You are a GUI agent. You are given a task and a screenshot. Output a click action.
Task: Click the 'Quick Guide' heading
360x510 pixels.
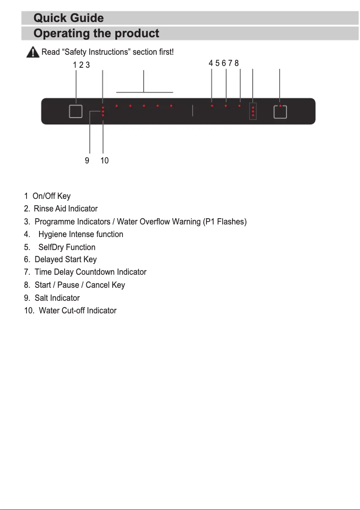pyautogui.click(x=69, y=18)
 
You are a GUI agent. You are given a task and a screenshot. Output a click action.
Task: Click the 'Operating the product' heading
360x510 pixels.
pyautogui.click(x=96, y=34)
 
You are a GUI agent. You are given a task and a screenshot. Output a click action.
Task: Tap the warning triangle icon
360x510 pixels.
pyautogui.click(x=32, y=53)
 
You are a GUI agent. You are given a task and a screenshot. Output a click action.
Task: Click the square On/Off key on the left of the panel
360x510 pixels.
pyautogui.click(x=75, y=111)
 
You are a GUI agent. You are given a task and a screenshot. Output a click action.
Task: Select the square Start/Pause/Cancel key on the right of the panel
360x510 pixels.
pyautogui.click(x=280, y=111)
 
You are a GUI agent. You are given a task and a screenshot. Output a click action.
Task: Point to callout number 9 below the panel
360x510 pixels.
pyautogui.click(x=87, y=160)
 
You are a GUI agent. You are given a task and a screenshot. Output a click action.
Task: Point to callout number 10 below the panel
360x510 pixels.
pyautogui.click(x=104, y=160)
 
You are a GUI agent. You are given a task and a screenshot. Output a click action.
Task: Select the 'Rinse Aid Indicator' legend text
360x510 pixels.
pyautogui.click(x=66, y=209)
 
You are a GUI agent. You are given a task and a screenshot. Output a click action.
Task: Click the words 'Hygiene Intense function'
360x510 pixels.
pyautogui.click(x=81, y=234)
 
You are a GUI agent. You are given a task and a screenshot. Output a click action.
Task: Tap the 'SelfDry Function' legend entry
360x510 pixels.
pyautogui.click(x=67, y=247)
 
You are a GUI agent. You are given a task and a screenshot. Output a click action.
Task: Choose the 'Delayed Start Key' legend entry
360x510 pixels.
pyautogui.click(x=66, y=259)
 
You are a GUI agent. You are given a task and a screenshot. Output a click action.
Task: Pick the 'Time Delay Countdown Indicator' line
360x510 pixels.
pyautogui.click(x=90, y=272)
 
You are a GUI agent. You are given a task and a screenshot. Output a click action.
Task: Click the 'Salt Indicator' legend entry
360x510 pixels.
pyautogui.click(x=57, y=298)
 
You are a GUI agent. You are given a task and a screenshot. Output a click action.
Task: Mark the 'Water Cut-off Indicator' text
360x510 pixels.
pyautogui.click(x=78, y=311)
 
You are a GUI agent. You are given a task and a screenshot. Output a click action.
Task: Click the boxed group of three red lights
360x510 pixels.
pyautogui.click(x=253, y=111)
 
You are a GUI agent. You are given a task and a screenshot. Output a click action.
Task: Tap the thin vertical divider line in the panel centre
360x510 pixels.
pyautogui.click(x=192, y=111)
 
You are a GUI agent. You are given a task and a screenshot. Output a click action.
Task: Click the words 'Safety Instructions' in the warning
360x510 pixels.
pyautogui.click(x=89, y=53)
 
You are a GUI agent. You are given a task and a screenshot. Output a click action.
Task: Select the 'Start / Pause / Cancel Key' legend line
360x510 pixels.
pyautogui.click(x=79, y=285)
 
